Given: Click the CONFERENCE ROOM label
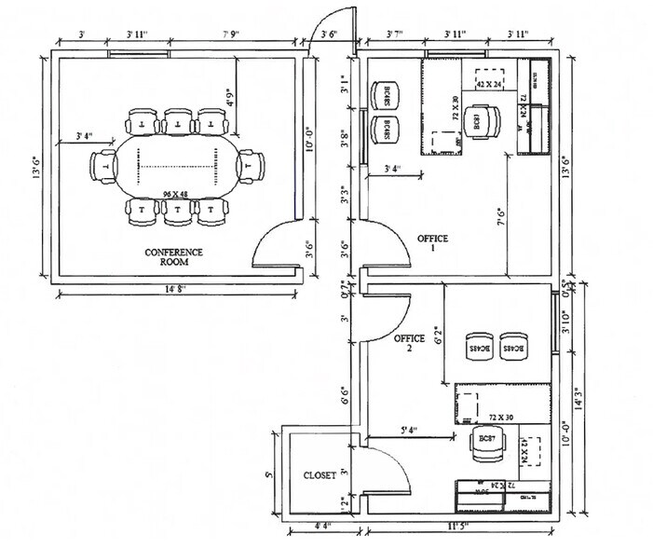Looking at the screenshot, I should click(173, 257).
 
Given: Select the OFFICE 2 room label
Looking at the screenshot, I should click(409, 344).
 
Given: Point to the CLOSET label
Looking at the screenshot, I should click(320, 475).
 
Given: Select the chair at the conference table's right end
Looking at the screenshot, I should click(249, 165).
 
